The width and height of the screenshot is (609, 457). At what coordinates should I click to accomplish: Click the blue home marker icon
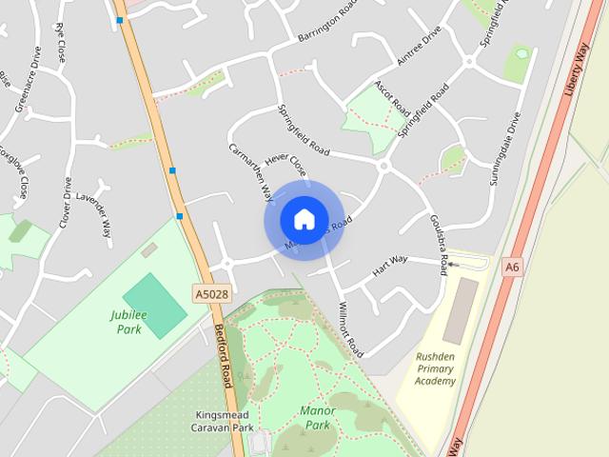(x=304, y=219)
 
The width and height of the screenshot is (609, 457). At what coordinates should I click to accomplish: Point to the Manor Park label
(x=318, y=417)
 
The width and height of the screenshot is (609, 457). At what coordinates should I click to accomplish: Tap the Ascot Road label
(x=391, y=96)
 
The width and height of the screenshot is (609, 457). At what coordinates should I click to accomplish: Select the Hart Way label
(x=389, y=265)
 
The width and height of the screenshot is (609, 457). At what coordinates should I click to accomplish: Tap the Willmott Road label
(x=350, y=328)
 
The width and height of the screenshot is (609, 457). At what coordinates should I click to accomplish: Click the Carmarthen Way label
(x=250, y=172)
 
